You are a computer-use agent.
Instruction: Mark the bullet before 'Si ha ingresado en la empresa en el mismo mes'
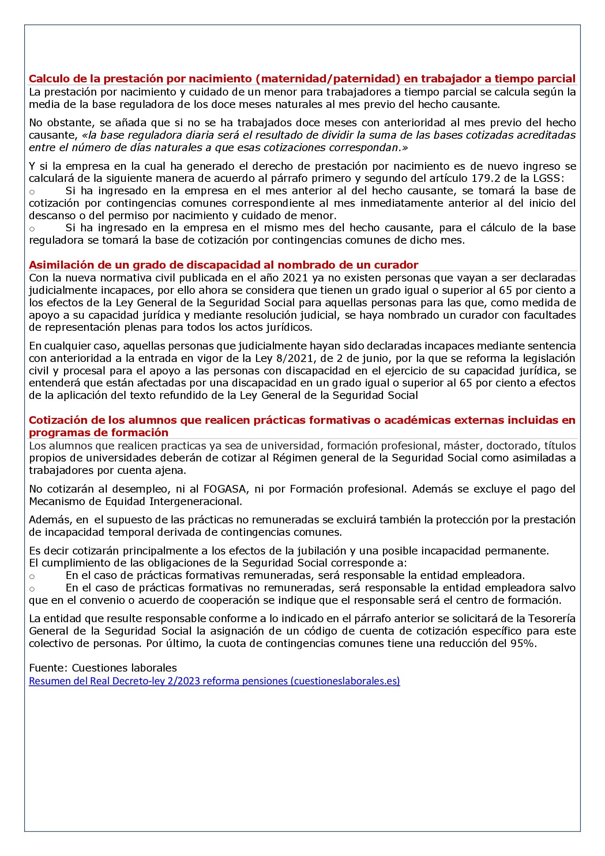pyautogui.click(x=32, y=229)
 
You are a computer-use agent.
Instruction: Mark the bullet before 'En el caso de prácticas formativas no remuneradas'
pyautogui.click(x=32, y=589)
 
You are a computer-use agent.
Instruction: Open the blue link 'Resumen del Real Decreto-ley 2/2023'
pyautogui.click(x=214, y=681)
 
